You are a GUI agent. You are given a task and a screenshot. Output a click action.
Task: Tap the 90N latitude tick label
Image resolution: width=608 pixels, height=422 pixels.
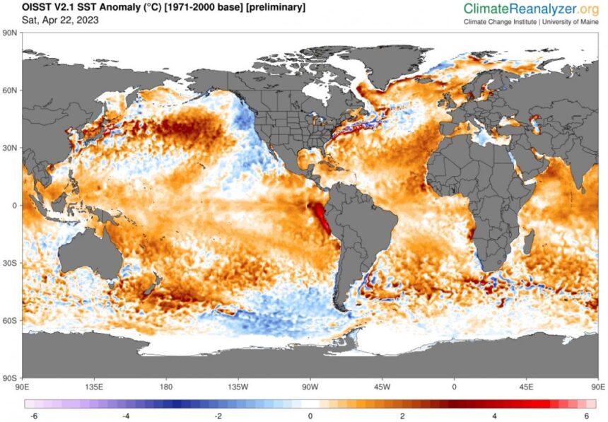tap(9, 33)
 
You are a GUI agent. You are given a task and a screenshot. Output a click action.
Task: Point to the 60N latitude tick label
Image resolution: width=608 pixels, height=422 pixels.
tap(9, 90)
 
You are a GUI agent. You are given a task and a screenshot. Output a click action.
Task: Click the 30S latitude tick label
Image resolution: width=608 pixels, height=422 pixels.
tap(9, 263)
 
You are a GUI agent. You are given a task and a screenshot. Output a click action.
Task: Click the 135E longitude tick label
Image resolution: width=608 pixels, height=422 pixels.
tap(94, 387)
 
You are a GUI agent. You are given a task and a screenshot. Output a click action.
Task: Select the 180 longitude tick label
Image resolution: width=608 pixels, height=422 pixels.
tap(166, 387)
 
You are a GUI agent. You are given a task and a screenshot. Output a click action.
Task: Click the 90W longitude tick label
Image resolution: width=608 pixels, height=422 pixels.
tap(310, 387)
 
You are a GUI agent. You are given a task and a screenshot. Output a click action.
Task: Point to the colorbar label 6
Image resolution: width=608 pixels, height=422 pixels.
tap(586, 416)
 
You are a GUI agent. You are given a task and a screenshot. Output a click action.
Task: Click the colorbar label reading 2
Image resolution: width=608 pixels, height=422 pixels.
tap(402, 416)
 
